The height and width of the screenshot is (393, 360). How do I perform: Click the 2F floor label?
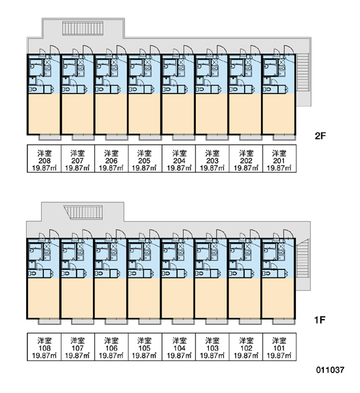[x=320, y=136]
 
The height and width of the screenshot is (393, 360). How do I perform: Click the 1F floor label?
[x=319, y=320]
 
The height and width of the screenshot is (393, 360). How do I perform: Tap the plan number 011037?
[x=330, y=369]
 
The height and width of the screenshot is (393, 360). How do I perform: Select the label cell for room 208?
[x=44, y=159]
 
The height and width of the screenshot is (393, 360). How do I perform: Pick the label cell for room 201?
[x=279, y=159]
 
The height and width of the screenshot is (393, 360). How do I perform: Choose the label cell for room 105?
[x=145, y=347]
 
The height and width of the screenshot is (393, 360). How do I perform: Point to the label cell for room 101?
[x=279, y=347]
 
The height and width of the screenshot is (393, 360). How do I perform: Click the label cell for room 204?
[x=179, y=159]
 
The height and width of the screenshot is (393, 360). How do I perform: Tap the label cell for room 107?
[x=78, y=347]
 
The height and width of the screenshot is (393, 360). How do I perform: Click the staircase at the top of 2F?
[x=82, y=28]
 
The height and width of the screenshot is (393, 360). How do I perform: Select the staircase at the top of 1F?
[x=84, y=212]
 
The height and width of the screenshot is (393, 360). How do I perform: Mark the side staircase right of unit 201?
[x=302, y=73]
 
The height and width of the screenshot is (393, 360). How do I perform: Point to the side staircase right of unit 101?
[x=302, y=258]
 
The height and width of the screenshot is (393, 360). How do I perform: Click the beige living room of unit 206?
[x=111, y=114]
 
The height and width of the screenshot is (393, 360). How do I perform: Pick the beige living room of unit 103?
[x=211, y=298]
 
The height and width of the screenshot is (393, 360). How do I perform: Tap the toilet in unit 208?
[x=33, y=89]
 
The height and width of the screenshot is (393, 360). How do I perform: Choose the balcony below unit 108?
[x=49, y=322]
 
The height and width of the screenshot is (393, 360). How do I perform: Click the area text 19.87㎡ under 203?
[x=212, y=168]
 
